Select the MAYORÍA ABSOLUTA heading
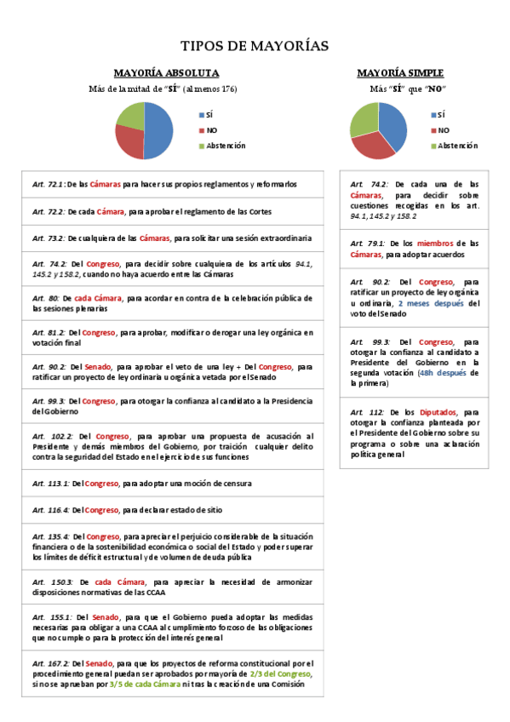[x=167, y=73]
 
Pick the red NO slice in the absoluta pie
[x=129, y=141]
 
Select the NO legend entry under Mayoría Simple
[x=444, y=130]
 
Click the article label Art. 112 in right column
[x=366, y=410]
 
